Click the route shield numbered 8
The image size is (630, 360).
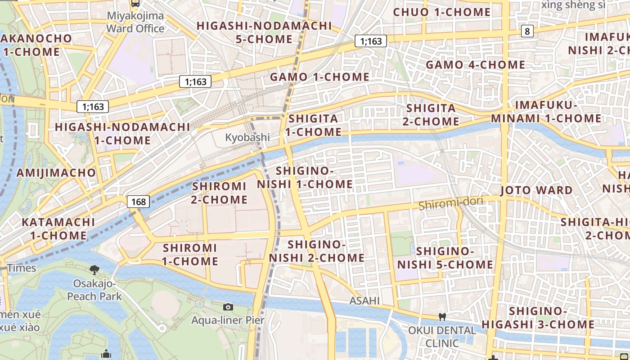click(527, 31)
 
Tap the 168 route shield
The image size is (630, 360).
click(138, 202)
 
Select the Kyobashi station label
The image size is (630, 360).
click(247, 137)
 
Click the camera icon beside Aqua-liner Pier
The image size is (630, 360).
click(228, 307)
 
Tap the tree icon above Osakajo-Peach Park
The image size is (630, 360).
click(94, 270)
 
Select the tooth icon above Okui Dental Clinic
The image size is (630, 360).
click(442, 317)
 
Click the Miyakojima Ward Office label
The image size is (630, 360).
click(135, 22)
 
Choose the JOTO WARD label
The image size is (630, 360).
click(536, 190)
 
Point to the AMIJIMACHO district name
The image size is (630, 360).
click(56, 173)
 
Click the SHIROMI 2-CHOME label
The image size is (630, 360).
click(219, 193)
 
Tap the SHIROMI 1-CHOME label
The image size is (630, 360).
click(190, 254)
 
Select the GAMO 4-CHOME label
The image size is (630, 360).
click(475, 65)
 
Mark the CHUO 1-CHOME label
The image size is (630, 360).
click(441, 12)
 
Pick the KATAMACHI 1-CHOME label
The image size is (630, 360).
click(58, 229)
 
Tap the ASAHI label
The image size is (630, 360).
click(364, 301)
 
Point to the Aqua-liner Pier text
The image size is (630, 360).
click(228, 320)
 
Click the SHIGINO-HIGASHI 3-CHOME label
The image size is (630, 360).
click(538, 318)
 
